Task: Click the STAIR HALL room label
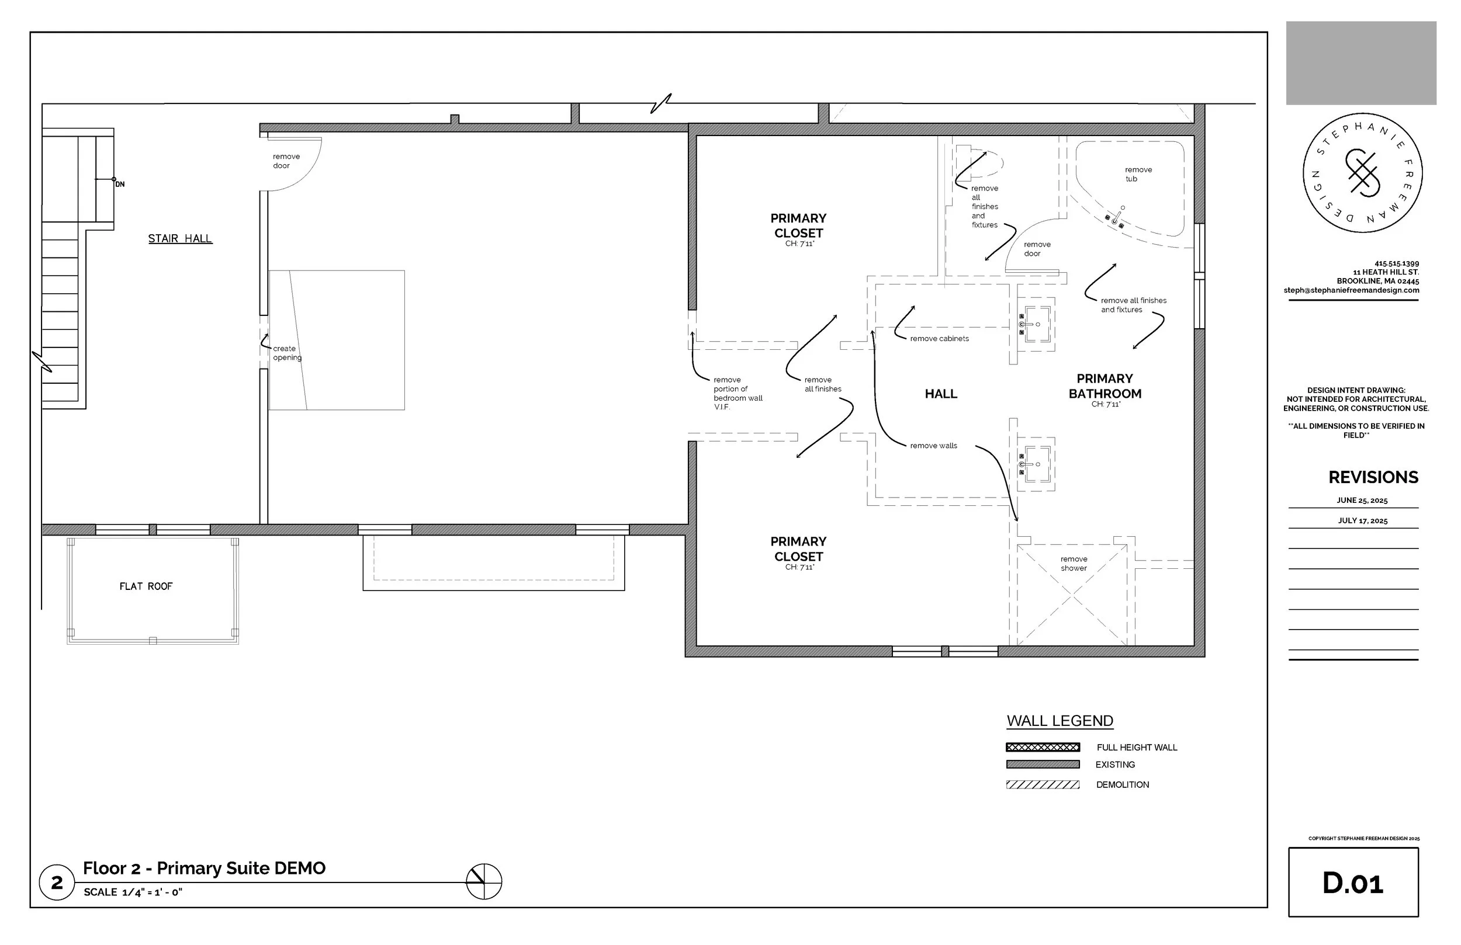[180, 239]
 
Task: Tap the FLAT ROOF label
[146, 586]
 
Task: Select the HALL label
[941, 394]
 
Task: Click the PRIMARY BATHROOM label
[1105, 386]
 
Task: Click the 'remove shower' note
[1074, 563]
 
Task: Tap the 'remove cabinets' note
[939, 339]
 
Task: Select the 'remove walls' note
[934, 446]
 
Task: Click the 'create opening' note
[288, 353]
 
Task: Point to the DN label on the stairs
[120, 185]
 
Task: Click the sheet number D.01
[1353, 883]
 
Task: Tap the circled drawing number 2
[57, 883]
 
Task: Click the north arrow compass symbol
[484, 882]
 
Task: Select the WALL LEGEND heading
[1060, 721]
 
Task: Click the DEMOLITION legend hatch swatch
[1043, 785]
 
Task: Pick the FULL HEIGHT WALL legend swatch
[1043, 748]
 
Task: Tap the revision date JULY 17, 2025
[1363, 521]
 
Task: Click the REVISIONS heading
[1373, 477]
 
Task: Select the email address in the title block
[1351, 290]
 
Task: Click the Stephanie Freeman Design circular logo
[1363, 172]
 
